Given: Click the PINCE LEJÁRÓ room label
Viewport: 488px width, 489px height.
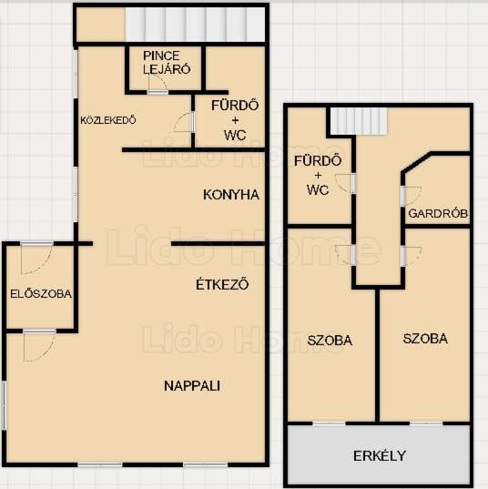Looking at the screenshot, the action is click(x=166, y=62).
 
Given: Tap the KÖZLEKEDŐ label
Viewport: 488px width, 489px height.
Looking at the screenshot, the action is click(x=108, y=120).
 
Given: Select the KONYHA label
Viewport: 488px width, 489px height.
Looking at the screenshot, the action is click(x=231, y=194).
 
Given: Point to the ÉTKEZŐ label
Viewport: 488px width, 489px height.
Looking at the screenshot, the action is click(x=222, y=284).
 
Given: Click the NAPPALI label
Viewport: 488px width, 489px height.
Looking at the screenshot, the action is click(x=192, y=386).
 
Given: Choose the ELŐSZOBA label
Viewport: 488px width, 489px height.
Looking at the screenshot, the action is click(x=41, y=294).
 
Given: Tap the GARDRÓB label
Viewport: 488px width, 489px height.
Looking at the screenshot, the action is click(x=438, y=214).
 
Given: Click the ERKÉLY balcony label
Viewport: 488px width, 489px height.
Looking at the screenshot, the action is click(x=379, y=456).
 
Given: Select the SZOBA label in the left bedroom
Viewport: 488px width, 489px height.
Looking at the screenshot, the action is click(x=330, y=340).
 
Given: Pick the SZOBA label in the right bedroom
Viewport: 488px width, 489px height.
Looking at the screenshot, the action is click(x=425, y=338).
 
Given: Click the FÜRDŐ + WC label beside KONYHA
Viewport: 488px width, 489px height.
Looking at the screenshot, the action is click(x=235, y=120).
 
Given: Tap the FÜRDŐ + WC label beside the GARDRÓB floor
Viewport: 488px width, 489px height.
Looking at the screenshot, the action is click(x=318, y=175).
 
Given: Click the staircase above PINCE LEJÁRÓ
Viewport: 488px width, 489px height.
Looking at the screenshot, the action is click(x=195, y=24).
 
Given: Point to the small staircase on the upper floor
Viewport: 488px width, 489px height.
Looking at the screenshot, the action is click(x=358, y=121).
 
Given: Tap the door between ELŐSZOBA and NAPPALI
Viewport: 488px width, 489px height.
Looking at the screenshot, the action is click(x=40, y=345).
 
